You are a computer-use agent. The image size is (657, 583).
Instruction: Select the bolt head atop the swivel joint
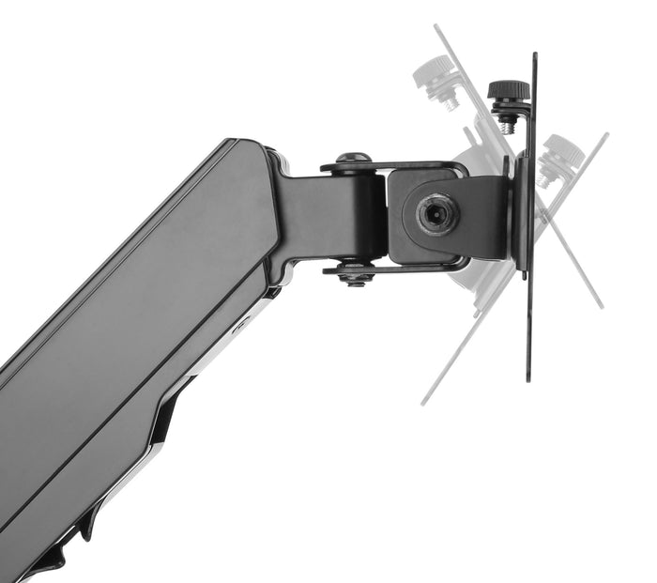point(353,159)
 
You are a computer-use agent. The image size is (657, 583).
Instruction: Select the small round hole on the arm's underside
point(243,328)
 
